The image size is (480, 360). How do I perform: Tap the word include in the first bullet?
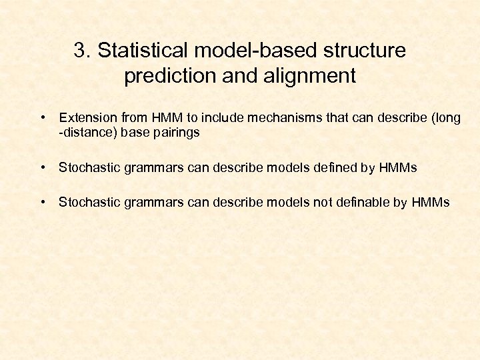[x=222, y=118]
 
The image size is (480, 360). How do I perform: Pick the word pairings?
[x=176, y=133]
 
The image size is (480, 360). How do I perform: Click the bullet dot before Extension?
[x=42, y=118]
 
